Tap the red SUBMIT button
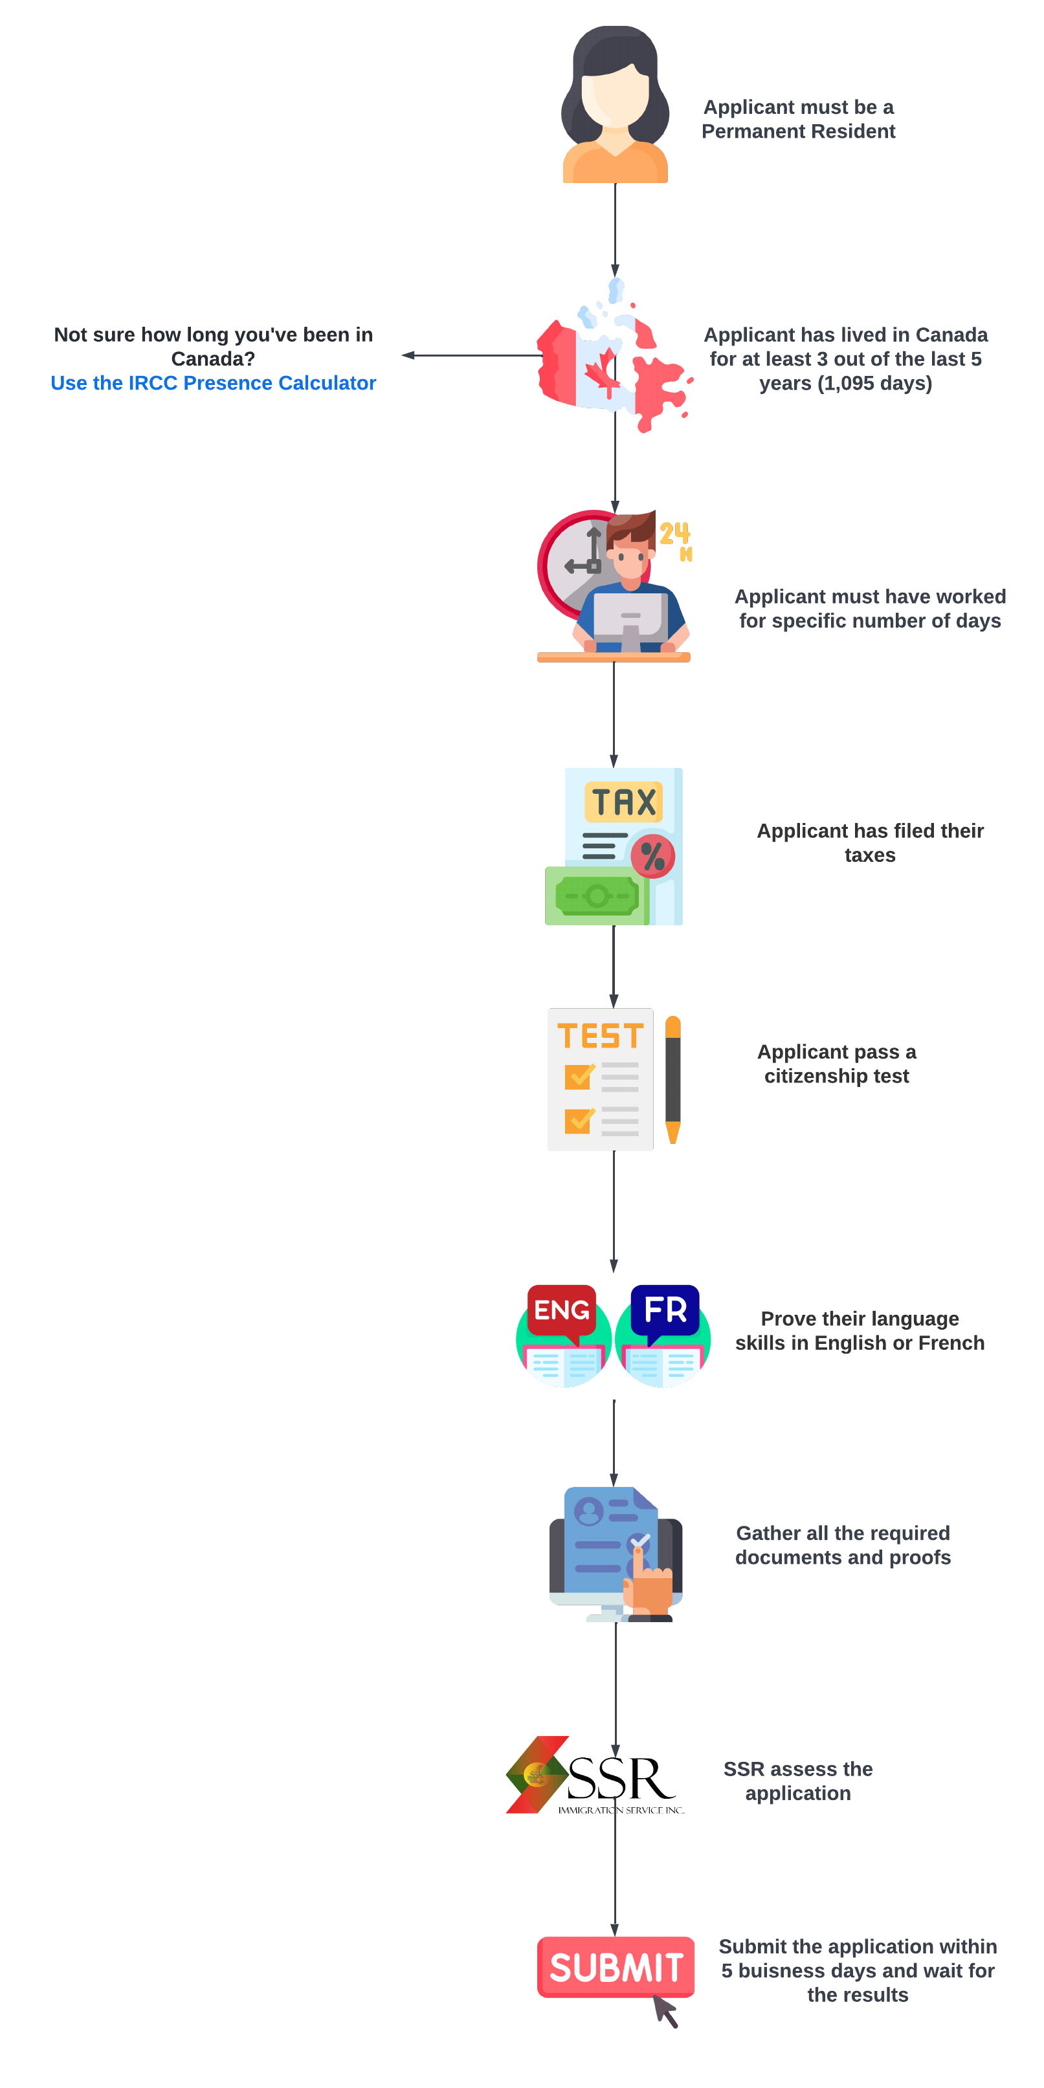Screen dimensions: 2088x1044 [616, 1966]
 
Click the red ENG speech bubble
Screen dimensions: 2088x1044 [561, 1309]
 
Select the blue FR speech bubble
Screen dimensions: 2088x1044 [665, 1309]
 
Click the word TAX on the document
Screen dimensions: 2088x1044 [623, 802]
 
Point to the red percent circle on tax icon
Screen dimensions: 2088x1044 [652, 856]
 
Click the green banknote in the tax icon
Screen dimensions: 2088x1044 [597, 896]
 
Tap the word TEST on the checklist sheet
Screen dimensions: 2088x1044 [600, 1036]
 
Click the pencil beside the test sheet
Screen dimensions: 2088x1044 [672, 1079]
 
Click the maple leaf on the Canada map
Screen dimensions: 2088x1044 [601, 372]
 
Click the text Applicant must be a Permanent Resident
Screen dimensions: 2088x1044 [799, 119]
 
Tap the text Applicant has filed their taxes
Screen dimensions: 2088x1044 [870, 842]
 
